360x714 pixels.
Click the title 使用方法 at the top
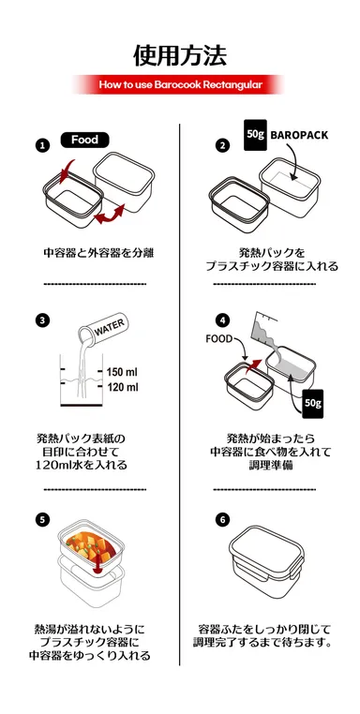[179, 54]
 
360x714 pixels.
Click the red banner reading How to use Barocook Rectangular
[179, 84]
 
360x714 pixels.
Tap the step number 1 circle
[42, 145]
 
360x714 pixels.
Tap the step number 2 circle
[222, 145]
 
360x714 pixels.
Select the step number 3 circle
[42, 320]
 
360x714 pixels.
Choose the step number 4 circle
[222, 320]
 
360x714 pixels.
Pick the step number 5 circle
[42, 518]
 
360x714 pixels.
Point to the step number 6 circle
[222, 518]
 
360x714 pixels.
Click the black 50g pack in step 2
[254, 134]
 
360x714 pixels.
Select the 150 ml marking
[122, 371]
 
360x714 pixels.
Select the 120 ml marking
[122, 387]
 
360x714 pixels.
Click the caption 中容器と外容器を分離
[98, 253]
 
